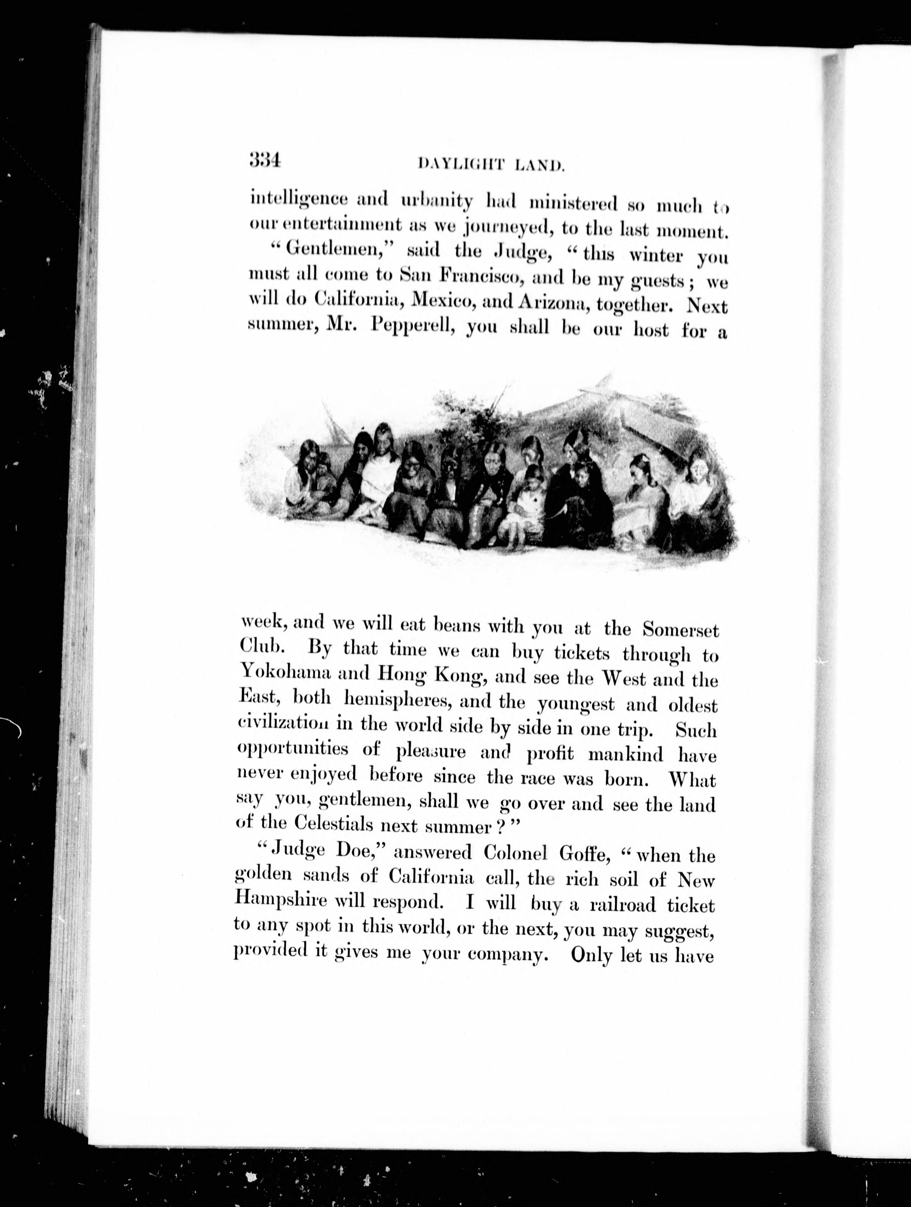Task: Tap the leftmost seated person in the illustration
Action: tap(306, 480)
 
